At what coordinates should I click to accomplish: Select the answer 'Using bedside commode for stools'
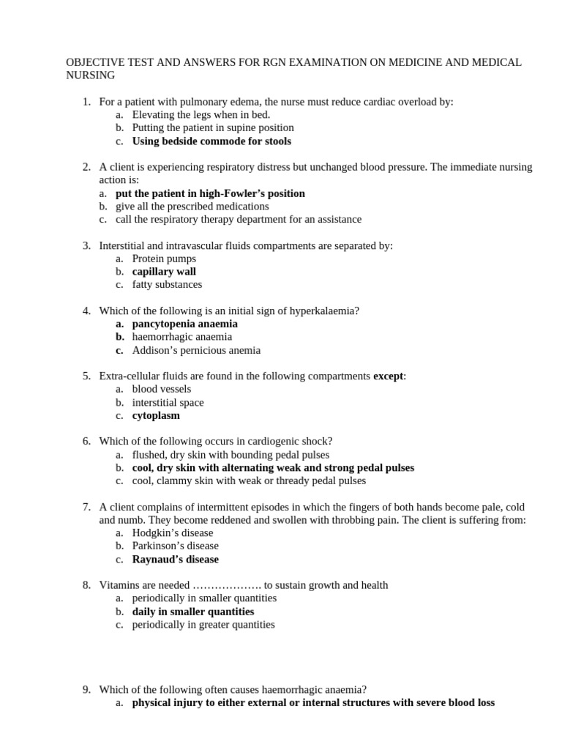211,141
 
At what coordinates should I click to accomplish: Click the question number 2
86,167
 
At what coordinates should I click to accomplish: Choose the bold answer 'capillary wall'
164,271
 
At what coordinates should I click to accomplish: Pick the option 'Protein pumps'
164,258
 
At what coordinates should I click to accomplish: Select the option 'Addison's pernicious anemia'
196,350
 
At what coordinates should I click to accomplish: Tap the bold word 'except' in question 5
388,376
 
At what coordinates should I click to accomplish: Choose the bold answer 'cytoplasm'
156,415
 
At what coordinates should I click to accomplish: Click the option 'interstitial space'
168,402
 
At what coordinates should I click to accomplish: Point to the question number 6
86,441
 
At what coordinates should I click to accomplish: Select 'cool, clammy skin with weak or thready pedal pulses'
249,480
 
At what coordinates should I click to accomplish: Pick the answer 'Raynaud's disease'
175,559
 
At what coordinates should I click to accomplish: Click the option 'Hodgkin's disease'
173,532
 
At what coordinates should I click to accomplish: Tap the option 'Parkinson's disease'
176,546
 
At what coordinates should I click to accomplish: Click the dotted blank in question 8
227,585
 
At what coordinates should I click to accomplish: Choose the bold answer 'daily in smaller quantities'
193,611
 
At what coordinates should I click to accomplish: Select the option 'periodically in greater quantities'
203,624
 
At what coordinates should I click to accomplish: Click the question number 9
86,689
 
